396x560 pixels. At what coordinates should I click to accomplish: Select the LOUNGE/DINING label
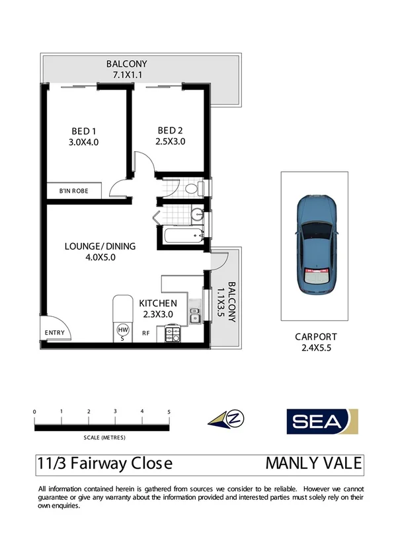(x=100, y=246)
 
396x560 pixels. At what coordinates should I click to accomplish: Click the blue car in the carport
(x=316, y=244)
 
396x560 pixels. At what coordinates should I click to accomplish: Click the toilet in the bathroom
(x=192, y=189)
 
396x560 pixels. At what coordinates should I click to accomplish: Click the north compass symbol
(x=225, y=419)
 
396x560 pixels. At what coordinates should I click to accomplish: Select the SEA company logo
(x=322, y=421)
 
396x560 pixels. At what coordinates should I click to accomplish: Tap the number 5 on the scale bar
(x=169, y=411)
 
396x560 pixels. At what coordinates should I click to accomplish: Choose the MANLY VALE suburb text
(x=313, y=464)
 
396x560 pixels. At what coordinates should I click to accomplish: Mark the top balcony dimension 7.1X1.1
(x=127, y=75)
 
